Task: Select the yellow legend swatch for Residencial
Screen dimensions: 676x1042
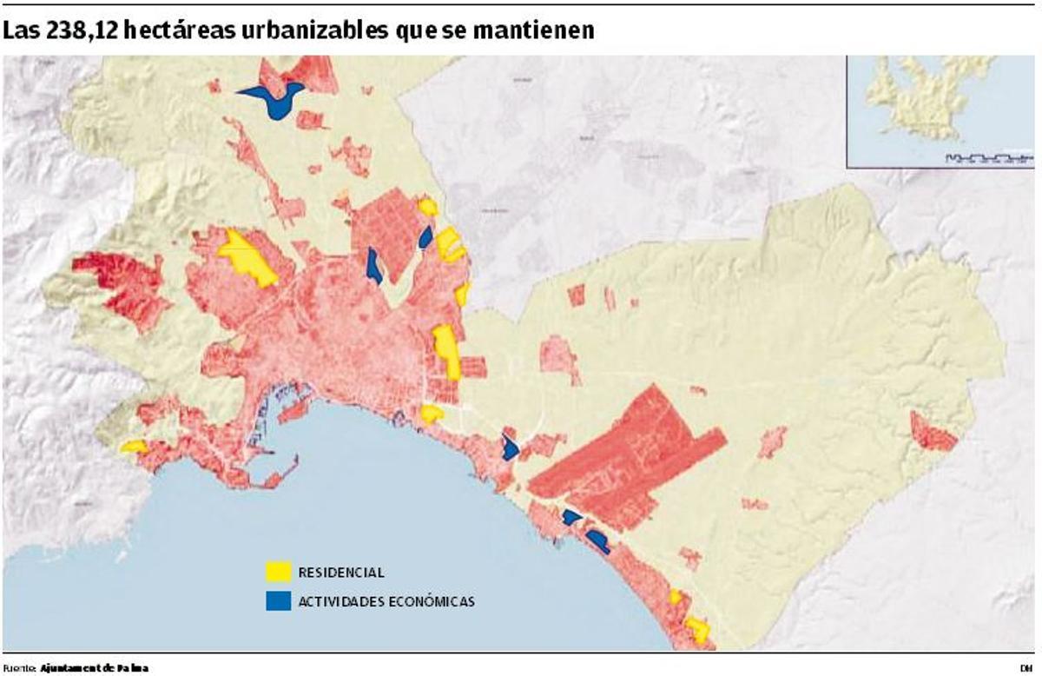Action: pyautogui.click(x=278, y=573)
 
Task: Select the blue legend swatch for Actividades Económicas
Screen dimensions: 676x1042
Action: pyautogui.click(x=278, y=601)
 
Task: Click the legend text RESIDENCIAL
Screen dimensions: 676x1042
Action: pyautogui.click(x=340, y=573)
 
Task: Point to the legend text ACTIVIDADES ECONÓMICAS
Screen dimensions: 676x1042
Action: pyautogui.click(x=386, y=601)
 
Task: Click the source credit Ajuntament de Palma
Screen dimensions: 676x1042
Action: pyautogui.click(x=94, y=667)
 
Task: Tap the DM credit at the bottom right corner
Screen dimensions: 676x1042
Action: pyautogui.click(x=1026, y=667)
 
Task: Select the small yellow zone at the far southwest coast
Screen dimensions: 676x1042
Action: pyautogui.click(x=134, y=447)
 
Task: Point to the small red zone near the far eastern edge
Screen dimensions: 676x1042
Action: pyautogui.click(x=932, y=432)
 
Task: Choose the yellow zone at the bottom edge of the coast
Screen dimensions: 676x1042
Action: pyautogui.click(x=696, y=629)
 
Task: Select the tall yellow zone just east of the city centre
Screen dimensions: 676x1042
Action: pyautogui.click(x=447, y=349)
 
